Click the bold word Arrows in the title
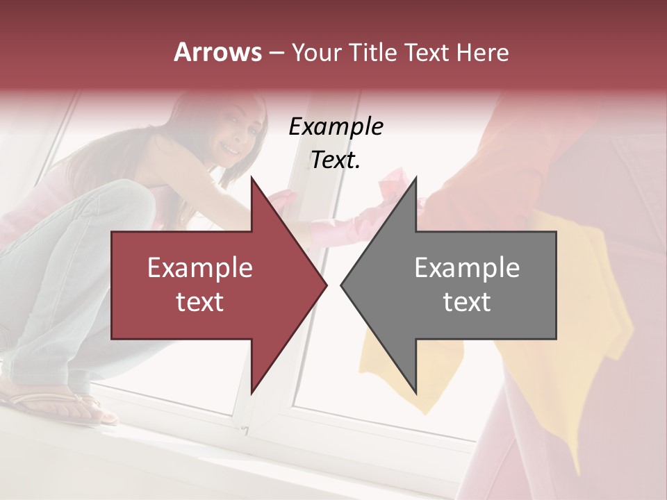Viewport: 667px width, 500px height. (x=217, y=52)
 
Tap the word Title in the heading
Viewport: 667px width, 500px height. (x=373, y=53)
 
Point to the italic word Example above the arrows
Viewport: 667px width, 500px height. (x=336, y=127)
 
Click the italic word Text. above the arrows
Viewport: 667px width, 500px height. (x=336, y=160)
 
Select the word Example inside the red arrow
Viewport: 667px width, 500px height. (x=199, y=268)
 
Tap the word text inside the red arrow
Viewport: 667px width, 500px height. (x=199, y=302)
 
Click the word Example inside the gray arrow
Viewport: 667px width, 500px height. (x=467, y=268)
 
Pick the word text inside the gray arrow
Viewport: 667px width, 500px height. (x=467, y=302)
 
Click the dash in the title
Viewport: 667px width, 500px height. (x=276, y=53)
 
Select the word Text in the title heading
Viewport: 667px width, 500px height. (x=429, y=53)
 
